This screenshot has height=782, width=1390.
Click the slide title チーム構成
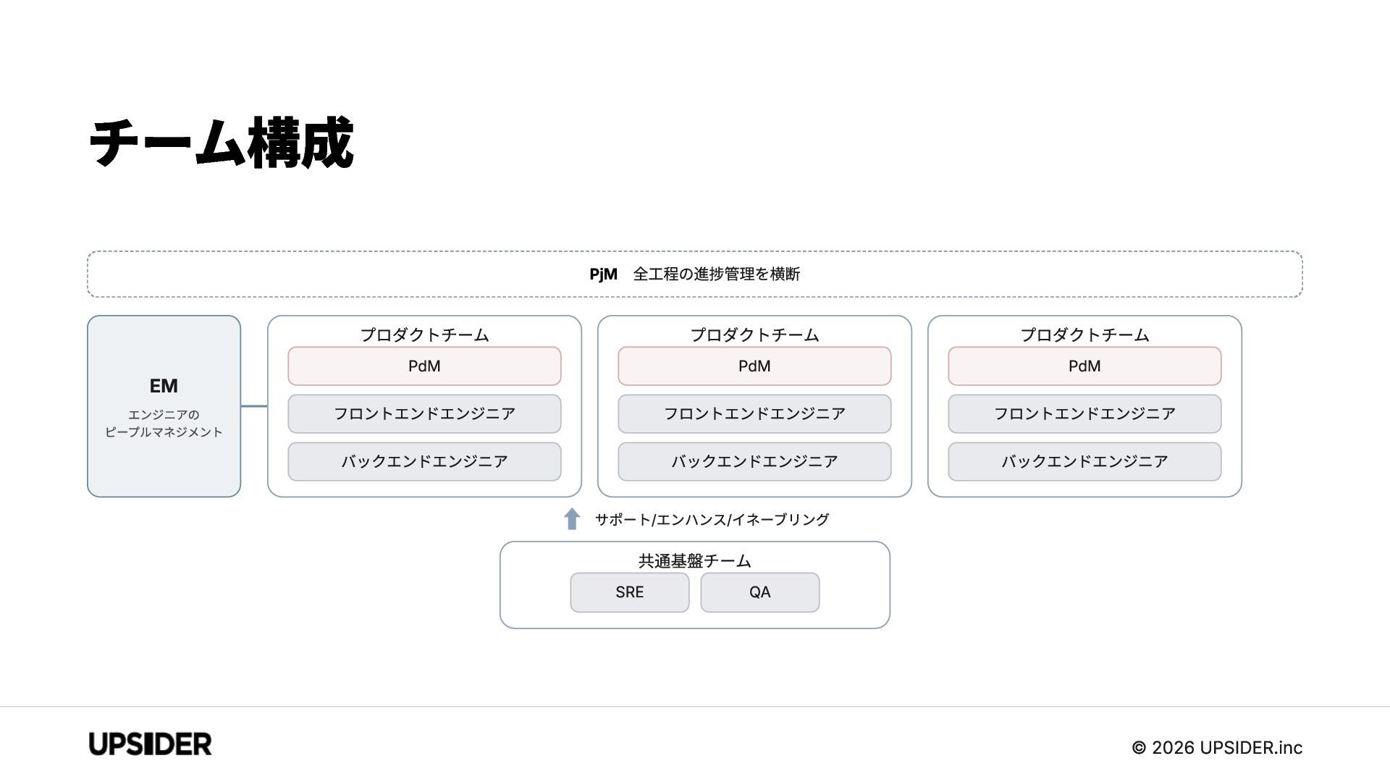point(222,143)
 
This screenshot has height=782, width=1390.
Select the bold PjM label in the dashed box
point(603,274)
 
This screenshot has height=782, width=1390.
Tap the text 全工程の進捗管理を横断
point(717,274)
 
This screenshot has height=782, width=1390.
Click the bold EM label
point(164,386)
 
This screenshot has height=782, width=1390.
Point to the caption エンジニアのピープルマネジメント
point(164,424)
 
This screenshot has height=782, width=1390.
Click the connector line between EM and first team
point(254,406)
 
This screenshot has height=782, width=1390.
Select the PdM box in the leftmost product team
point(424,366)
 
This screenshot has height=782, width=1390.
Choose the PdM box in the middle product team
point(754,366)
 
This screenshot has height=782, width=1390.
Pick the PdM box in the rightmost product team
point(1084,366)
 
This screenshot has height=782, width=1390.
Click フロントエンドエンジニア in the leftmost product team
point(424,414)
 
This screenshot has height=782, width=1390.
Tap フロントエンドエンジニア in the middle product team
point(754,414)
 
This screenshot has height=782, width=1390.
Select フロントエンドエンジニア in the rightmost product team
point(1084,414)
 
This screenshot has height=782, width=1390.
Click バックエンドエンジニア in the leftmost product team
point(424,462)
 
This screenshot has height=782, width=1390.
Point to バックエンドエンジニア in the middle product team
point(754,462)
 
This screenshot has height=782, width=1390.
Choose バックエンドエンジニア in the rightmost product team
point(1084,462)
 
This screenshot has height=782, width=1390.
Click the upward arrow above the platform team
point(572,518)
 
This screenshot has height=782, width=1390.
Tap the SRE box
point(630,592)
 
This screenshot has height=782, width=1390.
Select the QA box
point(760,592)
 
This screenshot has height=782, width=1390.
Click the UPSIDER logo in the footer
point(151,744)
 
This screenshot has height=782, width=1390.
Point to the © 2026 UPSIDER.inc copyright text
point(1217,748)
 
